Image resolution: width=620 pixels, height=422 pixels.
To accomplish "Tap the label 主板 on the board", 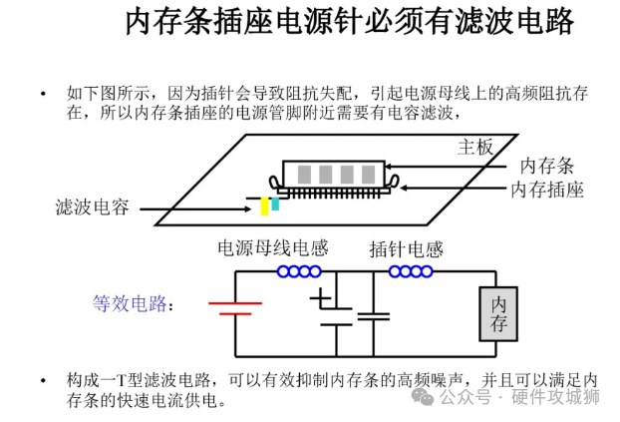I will [x=475, y=148].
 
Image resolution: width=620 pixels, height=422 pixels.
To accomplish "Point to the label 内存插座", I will [x=546, y=189].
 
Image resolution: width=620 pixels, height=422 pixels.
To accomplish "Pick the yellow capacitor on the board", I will [x=264, y=206].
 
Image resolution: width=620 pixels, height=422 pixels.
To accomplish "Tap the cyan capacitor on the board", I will [x=274, y=203].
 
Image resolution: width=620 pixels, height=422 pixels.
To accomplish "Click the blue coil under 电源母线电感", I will [x=299, y=271].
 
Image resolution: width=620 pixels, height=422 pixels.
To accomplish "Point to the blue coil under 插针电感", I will [x=410, y=271].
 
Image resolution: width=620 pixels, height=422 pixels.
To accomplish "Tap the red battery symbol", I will [x=235, y=307].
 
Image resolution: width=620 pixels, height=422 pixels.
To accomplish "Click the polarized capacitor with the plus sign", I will [x=335, y=309].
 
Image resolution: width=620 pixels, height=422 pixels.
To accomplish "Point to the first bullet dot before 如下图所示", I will [x=43, y=94].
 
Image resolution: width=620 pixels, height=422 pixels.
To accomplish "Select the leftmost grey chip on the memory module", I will [x=304, y=171].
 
